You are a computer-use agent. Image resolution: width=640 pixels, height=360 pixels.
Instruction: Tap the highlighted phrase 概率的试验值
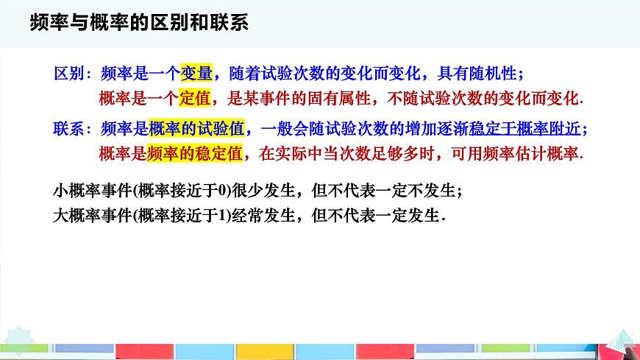click(x=196, y=129)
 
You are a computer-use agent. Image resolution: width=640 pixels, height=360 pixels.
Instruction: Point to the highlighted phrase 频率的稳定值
click(x=196, y=153)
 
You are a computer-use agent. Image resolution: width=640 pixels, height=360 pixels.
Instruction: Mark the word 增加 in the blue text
click(x=422, y=129)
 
